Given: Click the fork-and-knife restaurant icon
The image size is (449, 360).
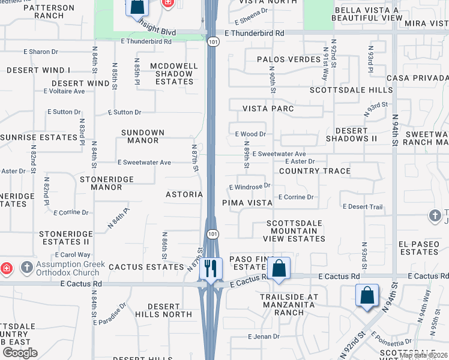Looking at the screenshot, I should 211,268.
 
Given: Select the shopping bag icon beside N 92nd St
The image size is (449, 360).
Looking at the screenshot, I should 367,295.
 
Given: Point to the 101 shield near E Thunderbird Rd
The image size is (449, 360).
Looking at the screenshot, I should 213,42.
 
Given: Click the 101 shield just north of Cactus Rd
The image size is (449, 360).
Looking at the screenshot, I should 213,233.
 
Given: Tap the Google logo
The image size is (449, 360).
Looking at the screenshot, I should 20,352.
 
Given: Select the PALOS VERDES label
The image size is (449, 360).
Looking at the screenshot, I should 289,59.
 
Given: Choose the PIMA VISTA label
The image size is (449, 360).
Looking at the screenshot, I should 247,203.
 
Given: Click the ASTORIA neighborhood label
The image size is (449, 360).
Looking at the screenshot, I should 184,194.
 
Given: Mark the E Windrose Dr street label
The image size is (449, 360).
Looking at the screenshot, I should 250,187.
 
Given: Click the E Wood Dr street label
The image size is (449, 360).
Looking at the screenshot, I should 250,134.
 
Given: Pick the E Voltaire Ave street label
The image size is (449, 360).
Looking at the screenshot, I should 64,91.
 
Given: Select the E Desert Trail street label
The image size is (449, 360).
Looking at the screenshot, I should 363,207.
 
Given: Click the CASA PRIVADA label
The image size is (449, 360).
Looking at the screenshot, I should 417,79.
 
